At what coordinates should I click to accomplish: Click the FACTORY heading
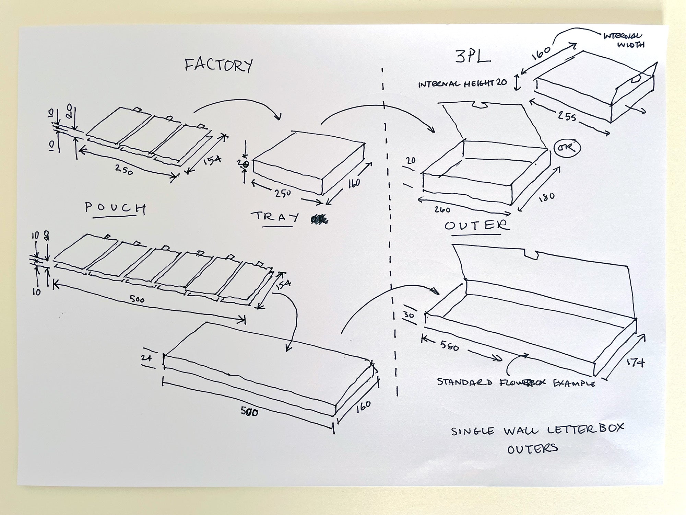click(x=218, y=65)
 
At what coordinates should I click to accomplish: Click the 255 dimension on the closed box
click(x=567, y=117)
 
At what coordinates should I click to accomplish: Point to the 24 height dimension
click(x=146, y=358)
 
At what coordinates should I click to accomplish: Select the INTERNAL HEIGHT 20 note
click(x=462, y=83)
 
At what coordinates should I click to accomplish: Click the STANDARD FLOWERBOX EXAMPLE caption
click(x=516, y=382)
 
